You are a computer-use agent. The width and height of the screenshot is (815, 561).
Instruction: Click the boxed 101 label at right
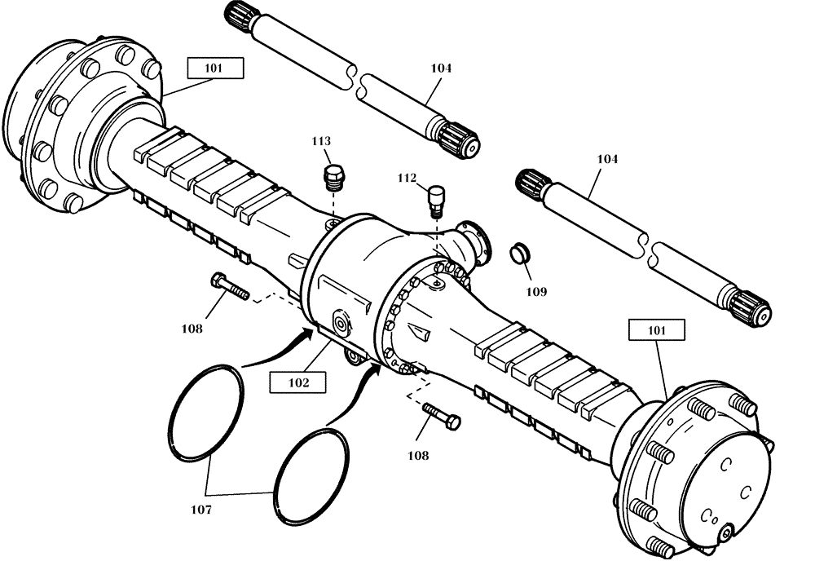click(x=656, y=330)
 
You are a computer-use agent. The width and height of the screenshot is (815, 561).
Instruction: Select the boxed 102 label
click(x=297, y=380)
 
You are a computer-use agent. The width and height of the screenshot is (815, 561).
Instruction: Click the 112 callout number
click(x=407, y=178)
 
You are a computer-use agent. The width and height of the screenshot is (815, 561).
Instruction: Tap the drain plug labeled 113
click(x=334, y=176)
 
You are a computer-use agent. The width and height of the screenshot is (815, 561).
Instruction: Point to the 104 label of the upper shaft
click(x=440, y=68)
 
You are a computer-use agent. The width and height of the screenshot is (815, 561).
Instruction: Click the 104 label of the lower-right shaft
click(x=606, y=159)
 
